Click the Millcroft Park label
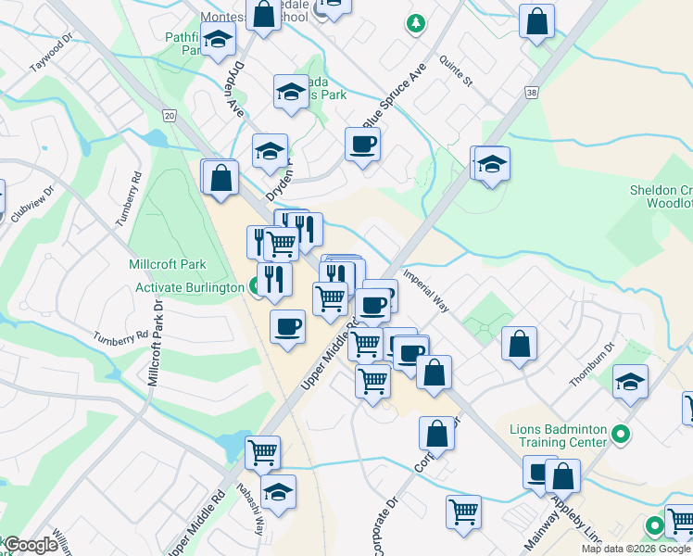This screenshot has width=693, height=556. (x=168, y=265)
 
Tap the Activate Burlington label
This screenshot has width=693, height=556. (x=190, y=287)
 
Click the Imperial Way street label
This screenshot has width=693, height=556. (x=426, y=291)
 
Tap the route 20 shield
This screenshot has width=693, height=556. (x=168, y=114)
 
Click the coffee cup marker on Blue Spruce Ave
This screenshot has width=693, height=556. (x=362, y=145)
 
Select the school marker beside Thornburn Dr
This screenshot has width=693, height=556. (x=630, y=381)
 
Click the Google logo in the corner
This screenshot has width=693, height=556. (x=31, y=545)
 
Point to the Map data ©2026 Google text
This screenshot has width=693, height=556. (x=636, y=549)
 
